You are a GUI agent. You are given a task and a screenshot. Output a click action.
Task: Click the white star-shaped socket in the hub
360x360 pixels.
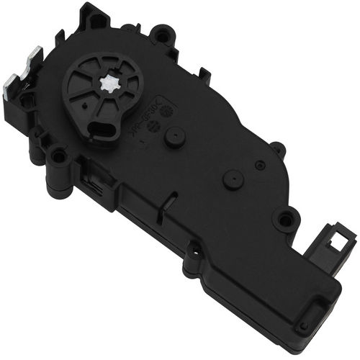(x=111, y=85)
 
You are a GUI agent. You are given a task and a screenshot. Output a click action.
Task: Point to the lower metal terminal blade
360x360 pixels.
(x=9, y=84)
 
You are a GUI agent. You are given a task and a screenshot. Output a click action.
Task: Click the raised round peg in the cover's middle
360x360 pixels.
(x=232, y=179)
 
